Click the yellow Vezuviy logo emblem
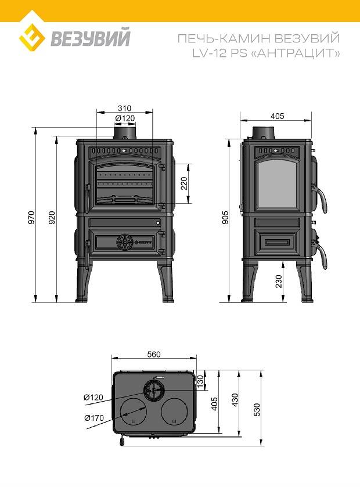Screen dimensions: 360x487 [x=32, y=38]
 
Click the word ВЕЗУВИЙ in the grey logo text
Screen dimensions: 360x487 [x=91, y=37]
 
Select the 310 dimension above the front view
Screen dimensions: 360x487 [x=125, y=108]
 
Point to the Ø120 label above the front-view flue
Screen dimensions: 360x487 [x=125, y=118]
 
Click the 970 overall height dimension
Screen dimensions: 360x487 [x=32, y=218]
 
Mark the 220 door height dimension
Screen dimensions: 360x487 [x=184, y=183]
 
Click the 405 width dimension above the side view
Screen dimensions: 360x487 [x=278, y=116]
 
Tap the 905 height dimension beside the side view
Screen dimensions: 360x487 [x=225, y=217]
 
